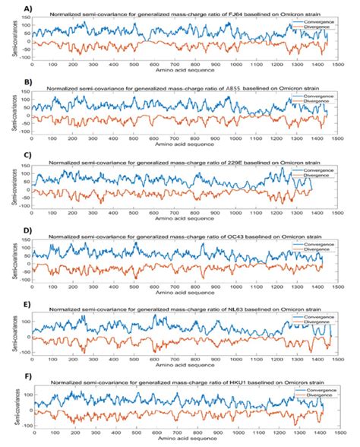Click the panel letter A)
coord(7,7)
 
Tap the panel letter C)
coord(7,155)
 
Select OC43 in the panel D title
coord(233,235)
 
